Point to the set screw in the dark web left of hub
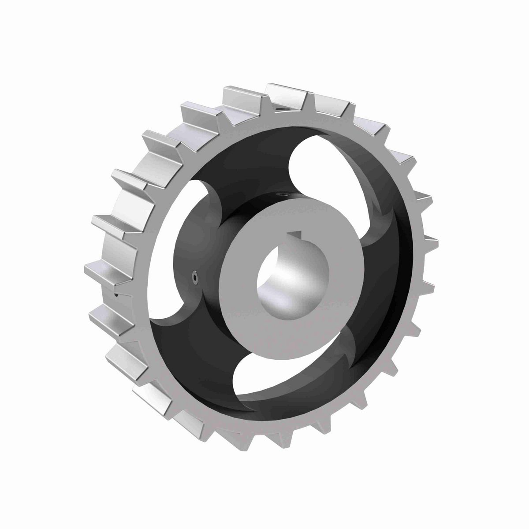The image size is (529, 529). click(194, 277)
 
